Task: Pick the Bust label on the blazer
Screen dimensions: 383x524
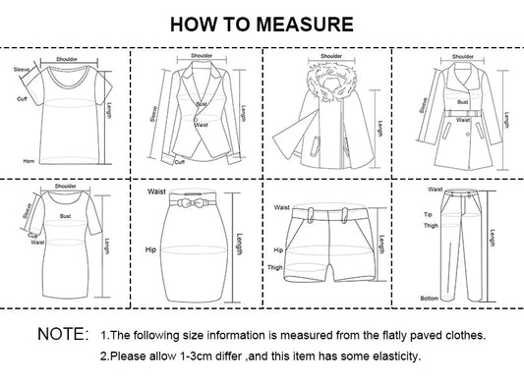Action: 200,103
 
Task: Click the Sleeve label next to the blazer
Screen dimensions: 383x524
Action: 152,113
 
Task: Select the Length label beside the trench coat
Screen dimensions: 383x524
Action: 506,120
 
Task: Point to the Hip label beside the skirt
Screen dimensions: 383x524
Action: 149,250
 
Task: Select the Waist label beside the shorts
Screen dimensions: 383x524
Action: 281,208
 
